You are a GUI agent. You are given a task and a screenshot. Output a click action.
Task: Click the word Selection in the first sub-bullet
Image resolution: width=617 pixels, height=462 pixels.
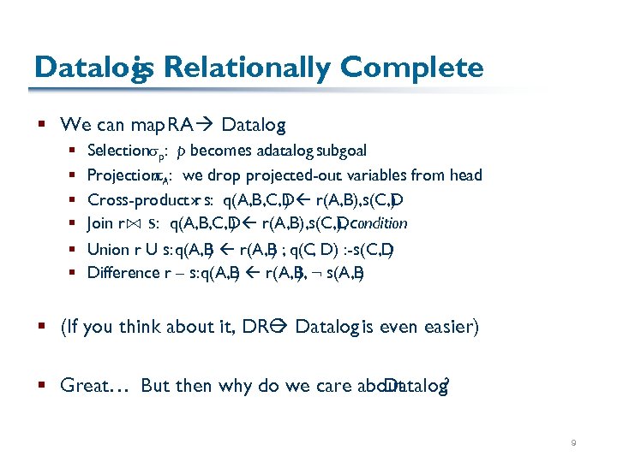point(115,151)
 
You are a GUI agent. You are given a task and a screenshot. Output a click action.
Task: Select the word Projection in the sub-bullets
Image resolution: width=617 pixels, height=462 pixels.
point(118,175)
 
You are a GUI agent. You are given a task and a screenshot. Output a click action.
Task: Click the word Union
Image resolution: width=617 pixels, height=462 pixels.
point(106,250)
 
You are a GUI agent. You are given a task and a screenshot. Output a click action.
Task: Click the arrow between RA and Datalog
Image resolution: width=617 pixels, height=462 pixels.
point(206,125)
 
